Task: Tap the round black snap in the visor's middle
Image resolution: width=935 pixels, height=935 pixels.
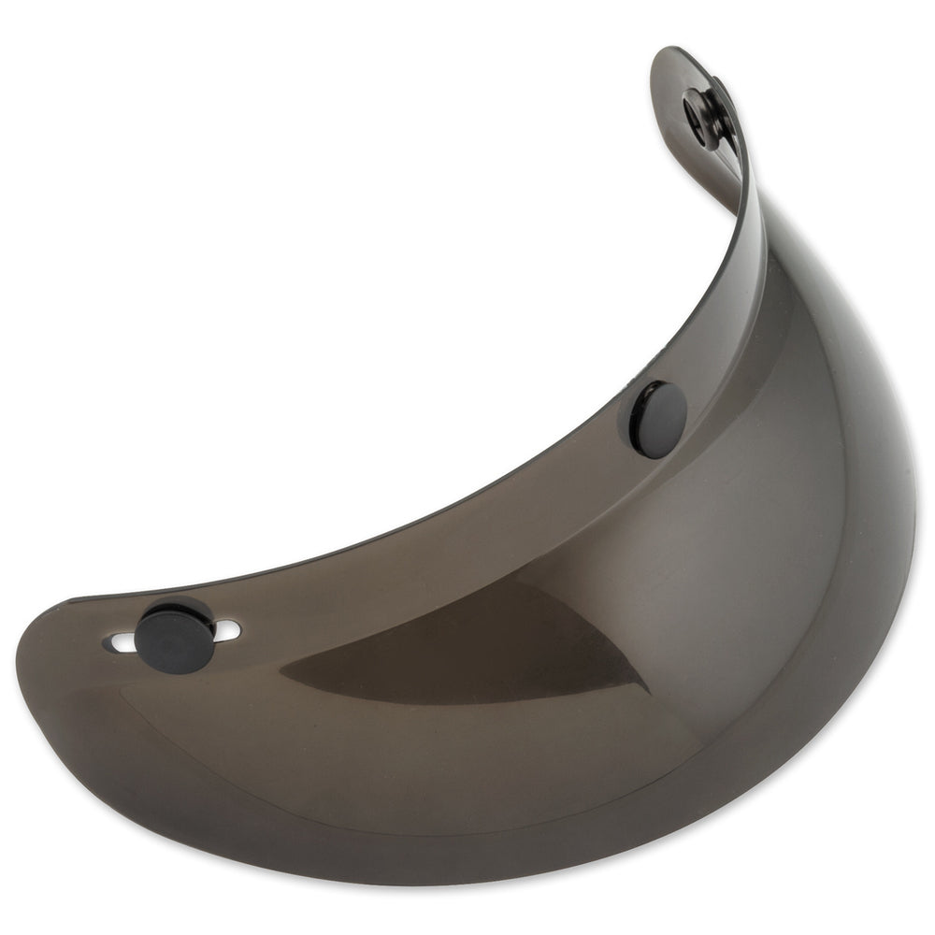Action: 659,420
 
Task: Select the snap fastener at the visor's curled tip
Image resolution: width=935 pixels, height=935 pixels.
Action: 708,115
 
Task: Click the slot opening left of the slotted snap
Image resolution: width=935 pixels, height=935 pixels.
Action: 122,643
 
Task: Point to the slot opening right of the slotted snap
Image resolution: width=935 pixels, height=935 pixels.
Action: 228,631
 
